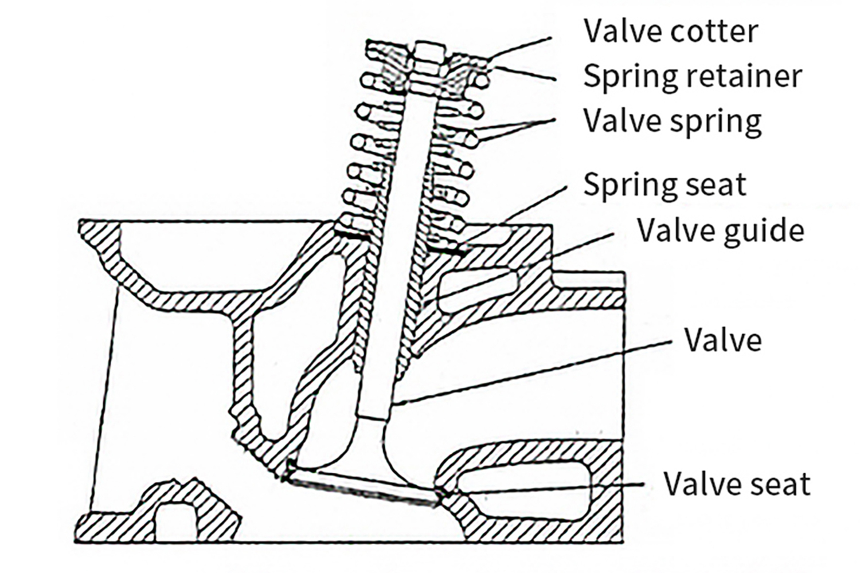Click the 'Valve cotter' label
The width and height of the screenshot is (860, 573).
(670, 31)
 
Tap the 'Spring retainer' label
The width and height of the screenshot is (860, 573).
(692, 76)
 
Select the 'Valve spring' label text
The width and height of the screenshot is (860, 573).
(672, 121)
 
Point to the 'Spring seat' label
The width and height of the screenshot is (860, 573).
(664, 185)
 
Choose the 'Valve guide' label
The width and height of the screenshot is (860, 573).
(721, 230)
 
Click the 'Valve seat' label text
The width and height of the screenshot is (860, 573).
(737, 484)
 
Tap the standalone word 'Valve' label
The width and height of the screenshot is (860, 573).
(723, 340)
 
